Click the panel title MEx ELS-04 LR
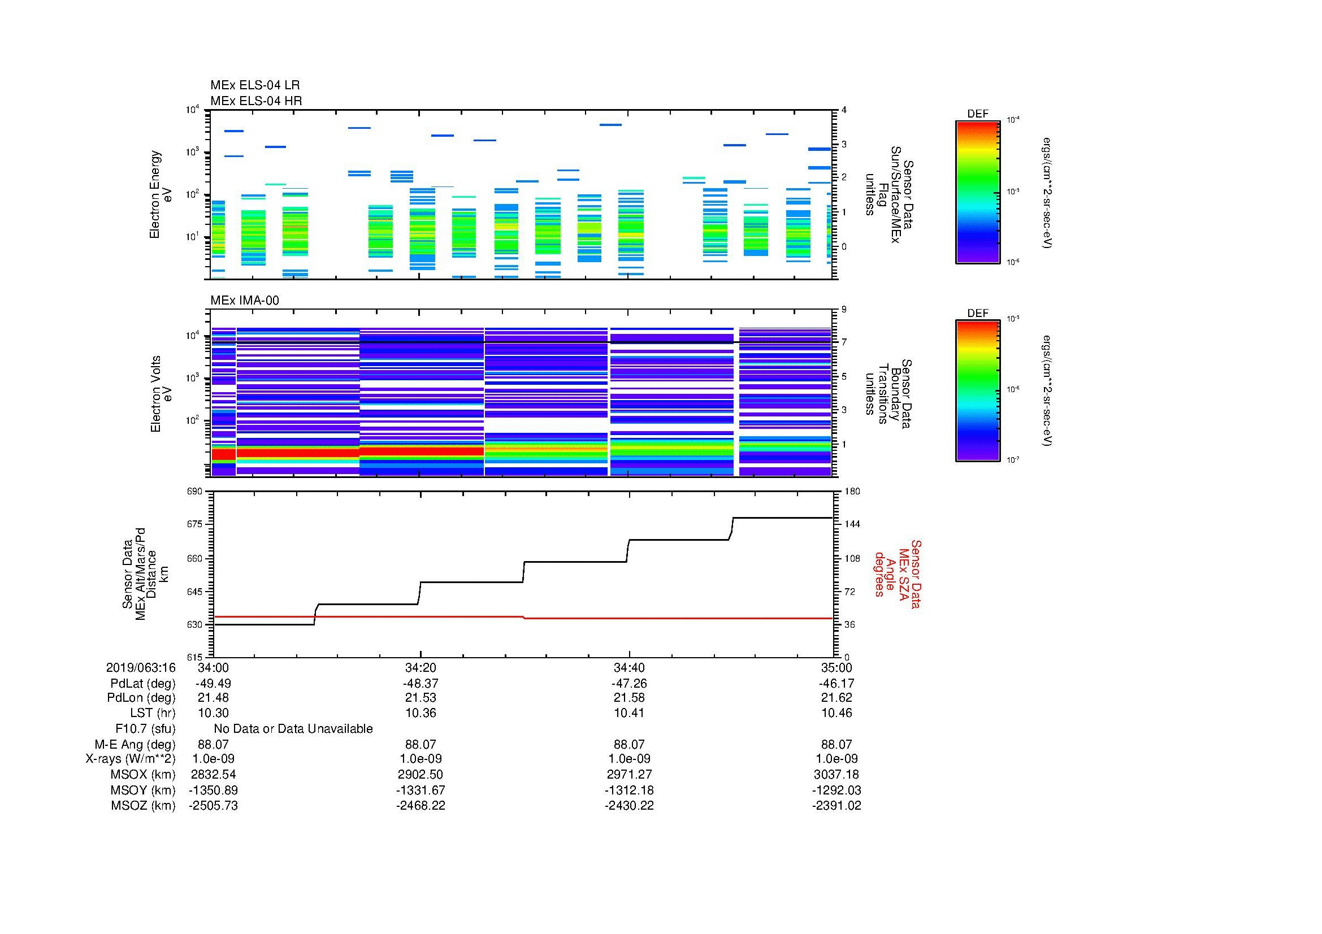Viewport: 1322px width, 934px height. pyautogui.click(x=254, y=86)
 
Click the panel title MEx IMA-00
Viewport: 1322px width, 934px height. pyautogui.click(x=245, y=301)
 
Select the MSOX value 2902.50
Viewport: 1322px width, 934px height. pyautogui.click(x=421, y=775)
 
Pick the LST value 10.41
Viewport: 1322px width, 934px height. pyautogui.click(x=629, y=713)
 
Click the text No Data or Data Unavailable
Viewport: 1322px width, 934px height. pyautogui.click(x=293, y=728)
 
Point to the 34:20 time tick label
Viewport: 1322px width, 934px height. pyautogui.click(x=421, y=667)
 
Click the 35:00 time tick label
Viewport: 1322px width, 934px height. pyautogui.click(x=836, y=667)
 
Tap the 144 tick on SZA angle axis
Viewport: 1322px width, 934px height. pyautogui.click(x=852, y=524)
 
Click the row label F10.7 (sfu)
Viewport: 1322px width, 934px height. pyautogui.click(x=145, y=728)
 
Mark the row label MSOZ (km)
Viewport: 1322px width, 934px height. pyautogui.click(x=143, y=806)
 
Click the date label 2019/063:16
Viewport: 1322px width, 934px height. pyautogui.click(x=141, y=667)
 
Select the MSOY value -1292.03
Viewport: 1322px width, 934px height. pyautogui.click(x=836, y=790)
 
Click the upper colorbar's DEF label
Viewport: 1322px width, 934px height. pyautogui.click(x=977, y=114)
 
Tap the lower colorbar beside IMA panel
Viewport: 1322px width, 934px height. pyautogui.click(x=977, y=392)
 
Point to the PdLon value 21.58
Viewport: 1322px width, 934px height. pyautogui.click(x=629, y=697)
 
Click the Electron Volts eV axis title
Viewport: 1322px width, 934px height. pyautogui.click(x=162, y=394)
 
